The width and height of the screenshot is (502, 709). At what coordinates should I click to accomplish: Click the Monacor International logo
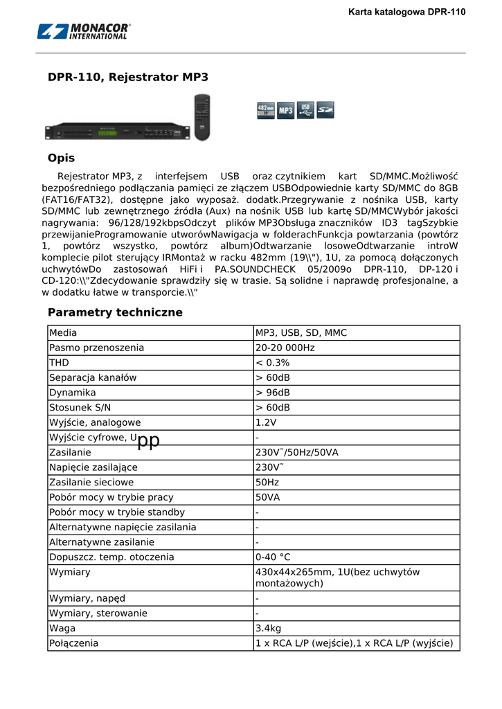tap(84, 31)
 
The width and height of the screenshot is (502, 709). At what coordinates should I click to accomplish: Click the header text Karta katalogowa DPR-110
tap(406, 12)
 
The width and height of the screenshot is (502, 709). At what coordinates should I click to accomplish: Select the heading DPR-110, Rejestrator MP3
tap(128, 78)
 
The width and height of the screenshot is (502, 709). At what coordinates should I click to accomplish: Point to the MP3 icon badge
tap(285, 111)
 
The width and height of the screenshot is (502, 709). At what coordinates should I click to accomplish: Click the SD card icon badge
tap(325, 111)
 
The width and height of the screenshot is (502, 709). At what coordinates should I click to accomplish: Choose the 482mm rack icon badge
tap(265, 111)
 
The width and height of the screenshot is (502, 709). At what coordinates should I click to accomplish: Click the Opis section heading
tap(61, 158)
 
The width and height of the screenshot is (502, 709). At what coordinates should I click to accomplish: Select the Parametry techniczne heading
tap(115, 312)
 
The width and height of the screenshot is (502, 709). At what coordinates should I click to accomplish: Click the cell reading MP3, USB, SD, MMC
tap(301, 333)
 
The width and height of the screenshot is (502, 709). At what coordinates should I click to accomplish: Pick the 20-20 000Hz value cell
tap(285, 348)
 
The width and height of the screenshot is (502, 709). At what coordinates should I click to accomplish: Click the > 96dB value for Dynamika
tap(273, 393)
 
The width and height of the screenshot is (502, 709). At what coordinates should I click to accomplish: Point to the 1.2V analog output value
tap(266, 422)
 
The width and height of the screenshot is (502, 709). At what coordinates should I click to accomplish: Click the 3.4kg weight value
tap(269, 629)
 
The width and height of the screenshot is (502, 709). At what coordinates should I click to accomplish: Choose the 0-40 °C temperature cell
tap(273, 557)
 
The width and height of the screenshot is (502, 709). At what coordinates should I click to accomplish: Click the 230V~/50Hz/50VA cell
tap(296, 452)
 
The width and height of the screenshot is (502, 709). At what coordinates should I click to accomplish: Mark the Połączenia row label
tap(73, 643)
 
